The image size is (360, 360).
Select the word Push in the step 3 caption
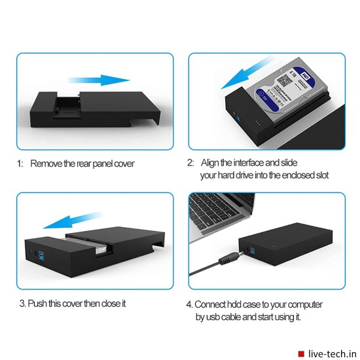[40, 303]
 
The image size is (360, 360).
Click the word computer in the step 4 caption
[304, 304]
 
